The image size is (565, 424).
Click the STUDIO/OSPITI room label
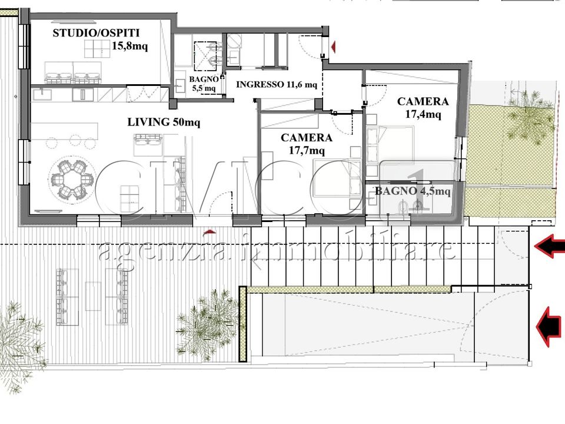pos(96,33)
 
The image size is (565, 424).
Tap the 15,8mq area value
pos(129,46)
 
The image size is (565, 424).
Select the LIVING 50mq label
pos(164,122)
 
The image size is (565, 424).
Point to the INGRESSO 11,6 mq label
pos(277,84)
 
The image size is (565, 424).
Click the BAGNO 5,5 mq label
pos(204,84)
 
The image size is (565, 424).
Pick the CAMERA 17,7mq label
pos(307,144)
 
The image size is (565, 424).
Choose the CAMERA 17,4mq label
pos(423,108)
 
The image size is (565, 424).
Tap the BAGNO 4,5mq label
pos(413,191)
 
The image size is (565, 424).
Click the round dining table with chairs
pos(71,178)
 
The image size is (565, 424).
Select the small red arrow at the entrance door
pos(333,47)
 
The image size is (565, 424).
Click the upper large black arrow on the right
pos(550,246)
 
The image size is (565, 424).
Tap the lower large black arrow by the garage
pos(549,327)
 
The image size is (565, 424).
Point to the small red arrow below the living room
pos(210,231)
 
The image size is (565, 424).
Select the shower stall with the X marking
pos(205,56)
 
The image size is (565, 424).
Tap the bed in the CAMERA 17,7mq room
pos(337,178)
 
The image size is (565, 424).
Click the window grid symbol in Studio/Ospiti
pos(97,49)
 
